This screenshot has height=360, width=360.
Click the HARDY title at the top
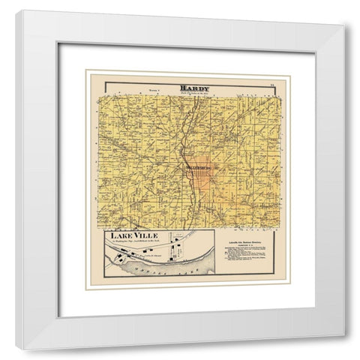click(x=194, y=88)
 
